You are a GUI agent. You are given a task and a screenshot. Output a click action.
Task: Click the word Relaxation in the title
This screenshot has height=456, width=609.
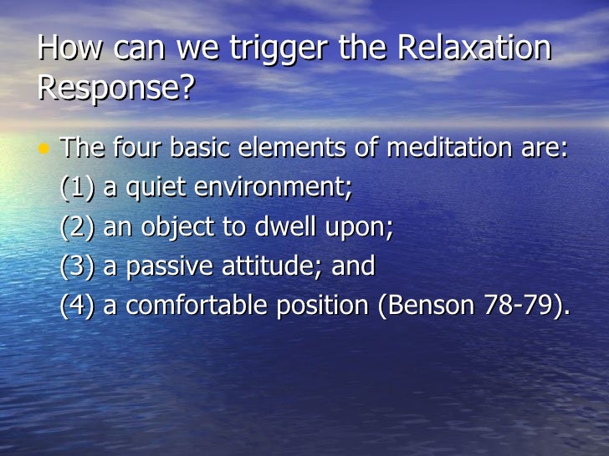473,49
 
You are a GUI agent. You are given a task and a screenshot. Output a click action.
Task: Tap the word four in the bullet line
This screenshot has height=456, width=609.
137,149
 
